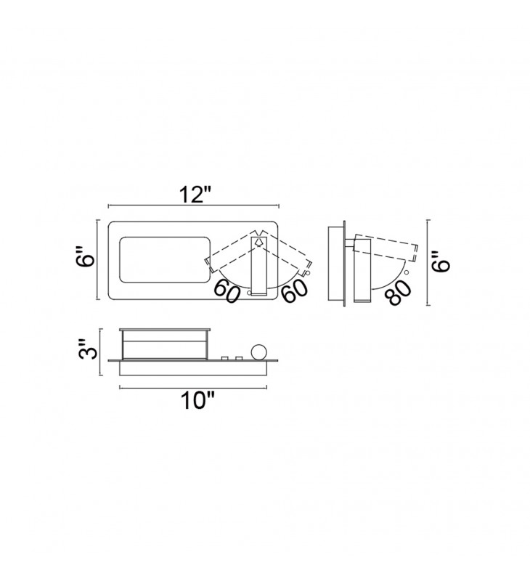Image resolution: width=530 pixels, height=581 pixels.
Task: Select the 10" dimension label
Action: [x=197, y=401]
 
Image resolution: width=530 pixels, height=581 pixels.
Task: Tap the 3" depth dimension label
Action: [x=89, y=349]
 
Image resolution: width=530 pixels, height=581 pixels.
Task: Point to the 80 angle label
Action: [x=398, y=292]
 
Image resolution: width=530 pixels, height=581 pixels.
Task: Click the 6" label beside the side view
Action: [x=441, y=261]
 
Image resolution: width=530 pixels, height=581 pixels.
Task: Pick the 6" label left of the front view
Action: [x=86, y=256]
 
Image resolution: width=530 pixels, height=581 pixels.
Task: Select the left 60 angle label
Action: [x=227, y=291]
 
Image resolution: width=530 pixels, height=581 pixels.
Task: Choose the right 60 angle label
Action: [x=295, y=290]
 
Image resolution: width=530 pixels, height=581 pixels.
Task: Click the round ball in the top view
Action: [x=258, y=352]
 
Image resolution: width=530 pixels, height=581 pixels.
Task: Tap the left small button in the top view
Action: [x=224, y=358]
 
